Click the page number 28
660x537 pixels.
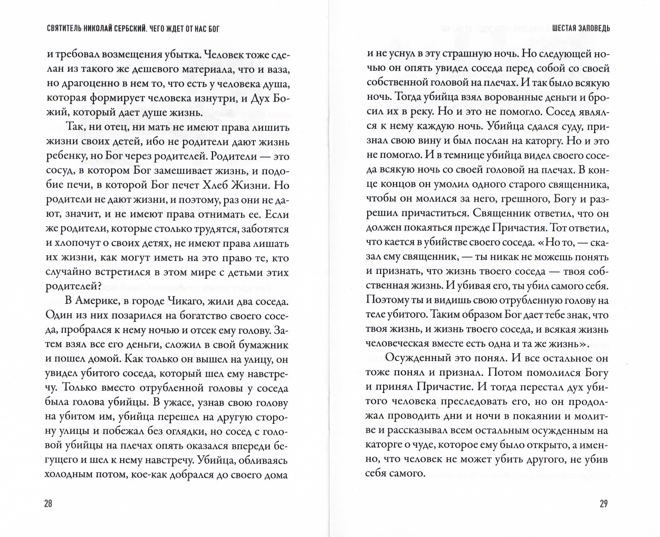coord(48,504)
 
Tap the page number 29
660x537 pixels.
coord(604,504)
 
